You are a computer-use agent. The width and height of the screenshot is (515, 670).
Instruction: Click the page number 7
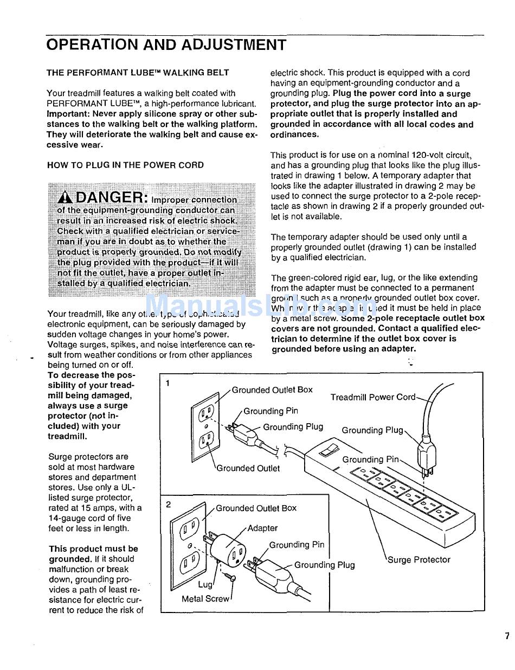[507, 636]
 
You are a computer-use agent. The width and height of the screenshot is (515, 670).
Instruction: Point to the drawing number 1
[168, 384]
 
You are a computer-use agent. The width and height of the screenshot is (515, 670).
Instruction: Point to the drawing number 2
[168, 505]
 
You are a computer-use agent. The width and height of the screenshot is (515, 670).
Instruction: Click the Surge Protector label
[419, 559]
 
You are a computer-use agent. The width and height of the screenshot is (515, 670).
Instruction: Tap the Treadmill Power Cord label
[373, 397]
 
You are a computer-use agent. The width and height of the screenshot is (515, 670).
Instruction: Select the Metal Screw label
[205, 599]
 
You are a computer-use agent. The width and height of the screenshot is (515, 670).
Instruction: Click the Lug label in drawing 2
[205, 584]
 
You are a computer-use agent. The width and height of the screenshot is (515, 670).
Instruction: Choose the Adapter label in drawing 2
[262, 528]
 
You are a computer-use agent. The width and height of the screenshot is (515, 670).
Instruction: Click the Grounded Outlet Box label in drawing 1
[272, 390]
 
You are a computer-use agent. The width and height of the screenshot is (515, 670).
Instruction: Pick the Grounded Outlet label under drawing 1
[248, 468]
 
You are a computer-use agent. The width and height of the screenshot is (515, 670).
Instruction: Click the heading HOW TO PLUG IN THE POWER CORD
[125, 165]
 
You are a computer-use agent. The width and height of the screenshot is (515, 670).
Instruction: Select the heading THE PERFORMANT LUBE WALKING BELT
[138, 72]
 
